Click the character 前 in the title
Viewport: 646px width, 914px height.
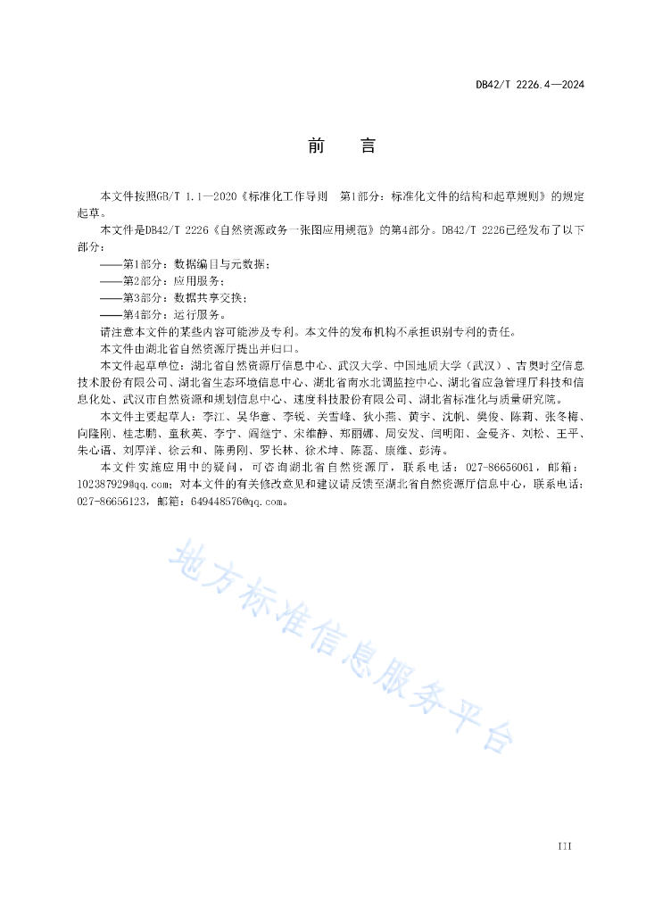316,146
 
